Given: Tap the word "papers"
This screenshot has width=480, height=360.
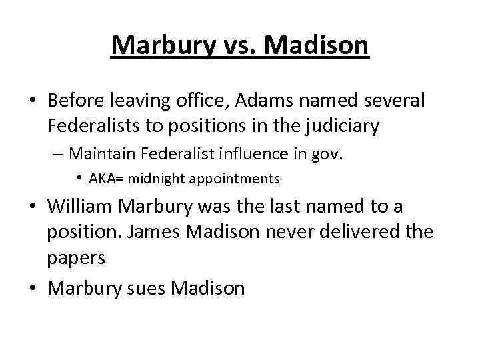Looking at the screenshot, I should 77,258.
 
